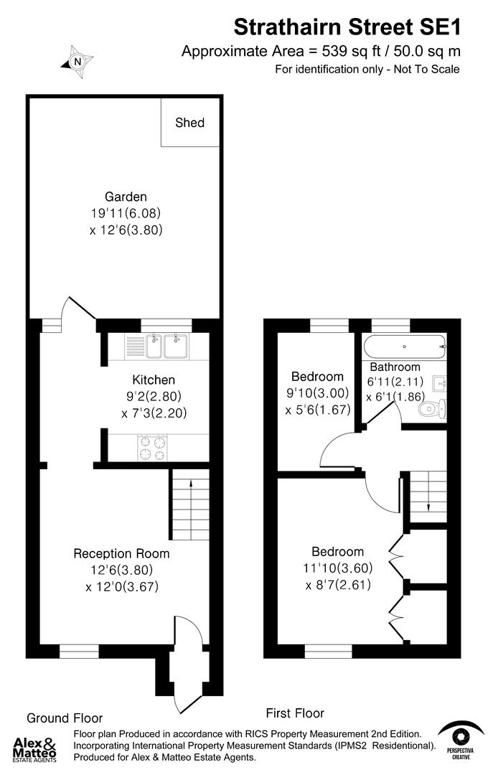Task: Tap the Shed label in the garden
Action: coord(189,123)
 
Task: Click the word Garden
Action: coord(126,197)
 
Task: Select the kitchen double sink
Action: coord(166,347)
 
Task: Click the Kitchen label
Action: coord(154,380)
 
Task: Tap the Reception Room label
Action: coord(122,553)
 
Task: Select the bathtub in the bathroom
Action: coord(404,348)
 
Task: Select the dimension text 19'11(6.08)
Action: coord(126,213)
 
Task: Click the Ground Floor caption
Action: coord(65,718)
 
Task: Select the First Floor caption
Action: coord(295,713)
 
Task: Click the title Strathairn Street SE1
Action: coord(347,27)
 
